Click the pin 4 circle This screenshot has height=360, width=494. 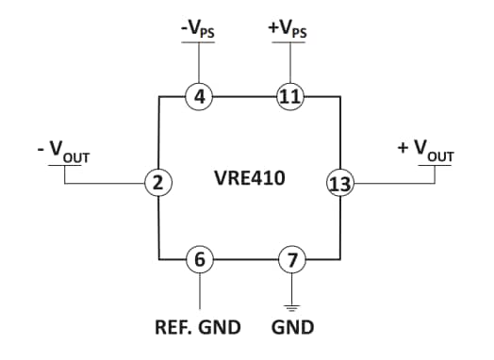tap(199, 95)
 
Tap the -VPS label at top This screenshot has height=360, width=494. tap(199, 28)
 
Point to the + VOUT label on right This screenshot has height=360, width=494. tap(426, 151)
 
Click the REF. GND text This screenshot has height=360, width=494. tap(198, 328)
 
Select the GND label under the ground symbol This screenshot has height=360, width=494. tap(292, 328)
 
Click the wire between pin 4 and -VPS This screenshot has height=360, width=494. tap(199, 64)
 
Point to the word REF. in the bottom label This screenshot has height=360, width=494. tap(174, 328)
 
